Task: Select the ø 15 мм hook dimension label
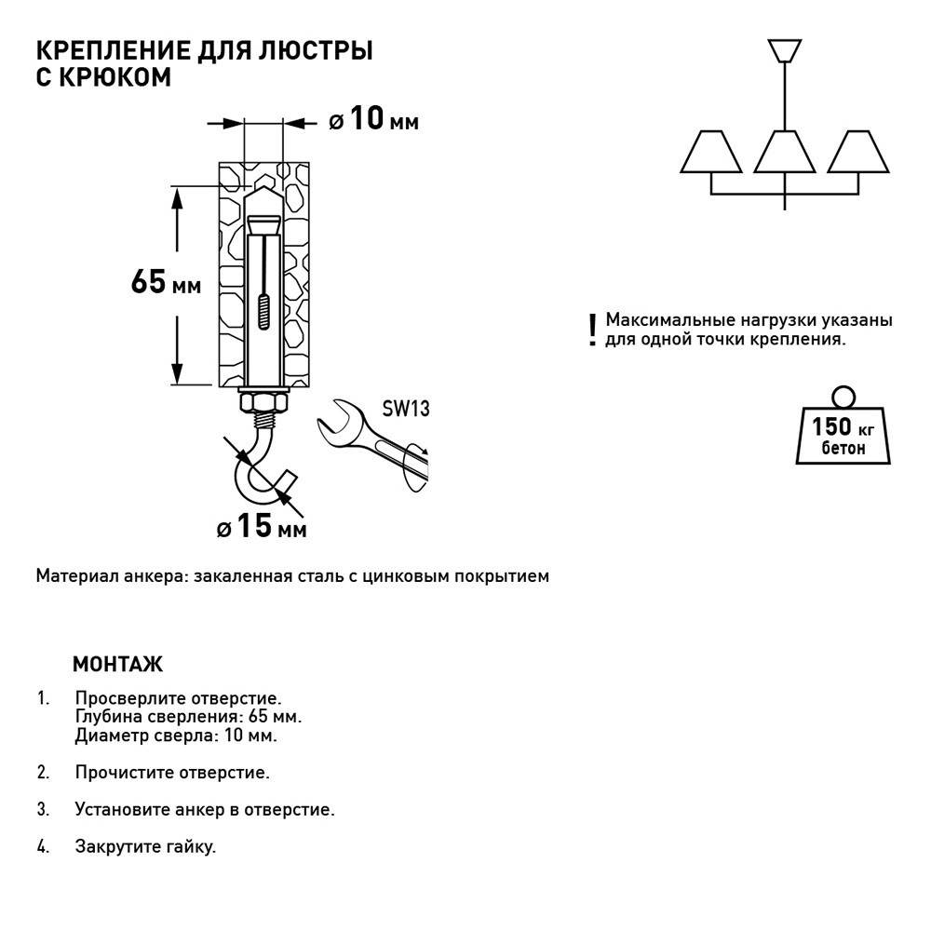click(262, 527)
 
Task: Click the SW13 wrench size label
click(405, 410)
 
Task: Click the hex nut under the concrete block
click(264, 403)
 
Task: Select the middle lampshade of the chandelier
click(785, 152)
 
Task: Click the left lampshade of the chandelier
click(711, 152)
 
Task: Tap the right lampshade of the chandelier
click(858, 152)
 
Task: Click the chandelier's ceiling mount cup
click(785, 49)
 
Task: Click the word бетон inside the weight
click(843, 448)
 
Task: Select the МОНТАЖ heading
click(117, 665)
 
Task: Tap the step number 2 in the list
click(43, 772)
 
